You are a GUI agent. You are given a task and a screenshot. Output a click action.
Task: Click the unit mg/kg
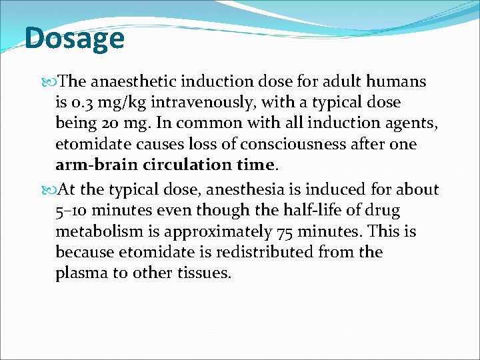(x=123, y=103)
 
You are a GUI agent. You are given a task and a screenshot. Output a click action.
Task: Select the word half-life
(x=316, y=211)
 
